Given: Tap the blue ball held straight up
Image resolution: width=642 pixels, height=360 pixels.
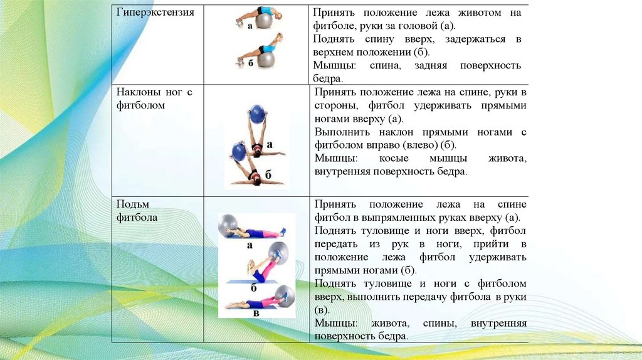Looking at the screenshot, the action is click(258, 114).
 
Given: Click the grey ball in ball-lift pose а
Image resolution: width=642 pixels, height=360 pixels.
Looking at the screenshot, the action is click(228, 224).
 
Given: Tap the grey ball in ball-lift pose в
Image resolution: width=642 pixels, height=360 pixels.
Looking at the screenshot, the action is click(285, 295).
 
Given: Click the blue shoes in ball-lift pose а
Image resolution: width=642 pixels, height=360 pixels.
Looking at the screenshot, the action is click(283, 232).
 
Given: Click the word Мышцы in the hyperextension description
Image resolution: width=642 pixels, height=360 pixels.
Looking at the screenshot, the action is click(331, 65).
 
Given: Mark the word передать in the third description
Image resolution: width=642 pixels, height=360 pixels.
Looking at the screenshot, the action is click(337, 244).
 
